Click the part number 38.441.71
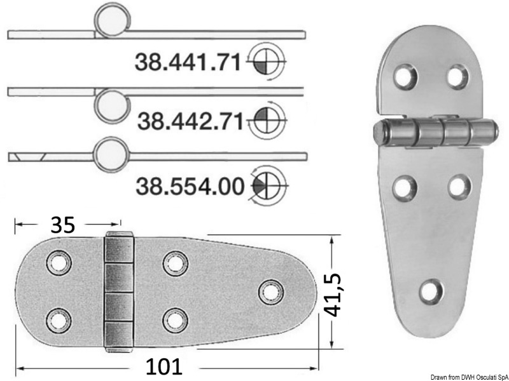click(188, 62)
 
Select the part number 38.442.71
click(190, 121)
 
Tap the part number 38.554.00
click(190, 186)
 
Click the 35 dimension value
click(62, 225)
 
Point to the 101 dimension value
click(164, 366)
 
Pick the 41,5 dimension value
click(333, 295)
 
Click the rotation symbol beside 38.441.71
click(265, 61)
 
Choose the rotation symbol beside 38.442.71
click(267, 120)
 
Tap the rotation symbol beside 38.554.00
click(267, 185)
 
